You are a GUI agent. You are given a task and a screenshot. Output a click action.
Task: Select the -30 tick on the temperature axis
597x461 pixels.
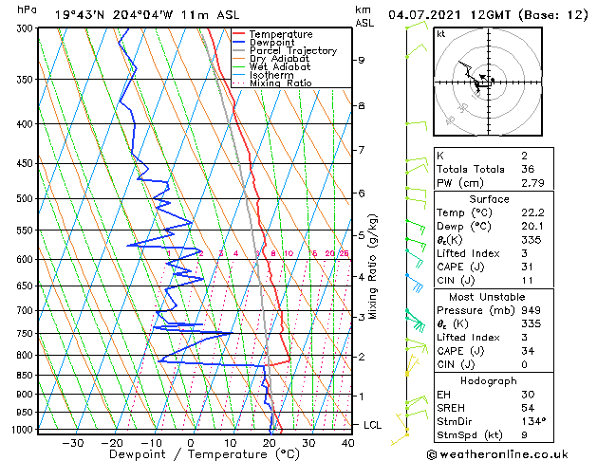[x=72, y=443]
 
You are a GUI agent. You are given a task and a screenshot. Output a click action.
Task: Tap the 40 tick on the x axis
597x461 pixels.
[x=348, y=443]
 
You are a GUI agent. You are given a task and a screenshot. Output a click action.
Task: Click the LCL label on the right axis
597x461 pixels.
[x=372, y=425]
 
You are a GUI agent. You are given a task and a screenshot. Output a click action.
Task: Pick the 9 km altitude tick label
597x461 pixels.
[x=362, y=61]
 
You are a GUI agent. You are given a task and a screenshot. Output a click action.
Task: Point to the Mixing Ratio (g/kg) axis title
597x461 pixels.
[x=374, y=266]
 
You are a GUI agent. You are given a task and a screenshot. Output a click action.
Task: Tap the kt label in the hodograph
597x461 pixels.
[x=441, y=34]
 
